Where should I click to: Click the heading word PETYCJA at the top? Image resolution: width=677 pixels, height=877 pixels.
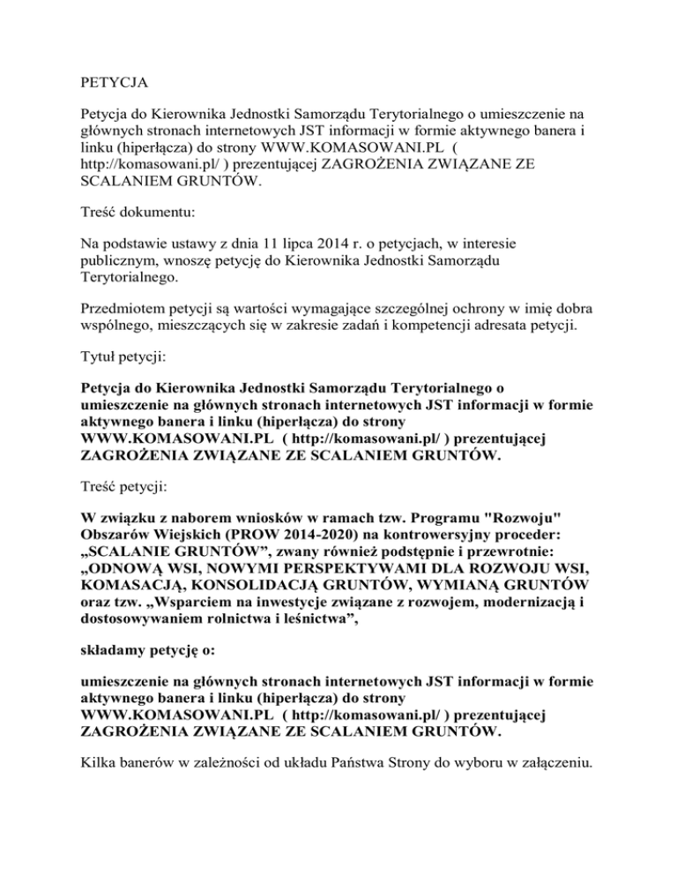113,86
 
